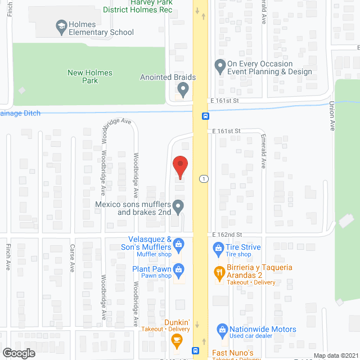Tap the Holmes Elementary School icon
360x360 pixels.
(61, 25)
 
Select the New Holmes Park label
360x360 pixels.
(90, 76)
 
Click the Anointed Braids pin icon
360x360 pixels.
(182, 89)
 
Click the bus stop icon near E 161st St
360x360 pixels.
(206, 116)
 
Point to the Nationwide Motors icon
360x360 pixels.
(222, 329)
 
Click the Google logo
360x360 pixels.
(18, 353)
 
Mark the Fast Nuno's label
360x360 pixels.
(236, 353)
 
